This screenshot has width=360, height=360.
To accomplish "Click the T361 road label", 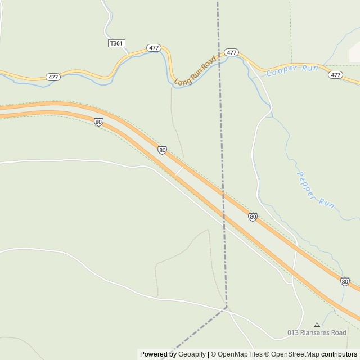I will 116,43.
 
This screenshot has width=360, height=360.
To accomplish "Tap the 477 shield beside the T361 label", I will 154,48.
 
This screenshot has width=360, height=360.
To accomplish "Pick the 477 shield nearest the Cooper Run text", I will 335,75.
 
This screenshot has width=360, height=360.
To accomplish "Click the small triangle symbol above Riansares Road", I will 317,325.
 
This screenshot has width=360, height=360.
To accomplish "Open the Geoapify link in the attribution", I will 192,354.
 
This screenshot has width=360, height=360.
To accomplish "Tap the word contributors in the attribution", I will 339,354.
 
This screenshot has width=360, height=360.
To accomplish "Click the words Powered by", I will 158,354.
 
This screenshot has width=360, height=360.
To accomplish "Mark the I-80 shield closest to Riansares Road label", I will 345,281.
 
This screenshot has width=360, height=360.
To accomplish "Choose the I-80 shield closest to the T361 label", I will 98,121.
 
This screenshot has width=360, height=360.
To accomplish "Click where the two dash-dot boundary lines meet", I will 227,307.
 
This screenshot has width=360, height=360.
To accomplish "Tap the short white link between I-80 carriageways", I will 179,170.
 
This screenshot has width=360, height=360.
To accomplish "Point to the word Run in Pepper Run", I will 326,202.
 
